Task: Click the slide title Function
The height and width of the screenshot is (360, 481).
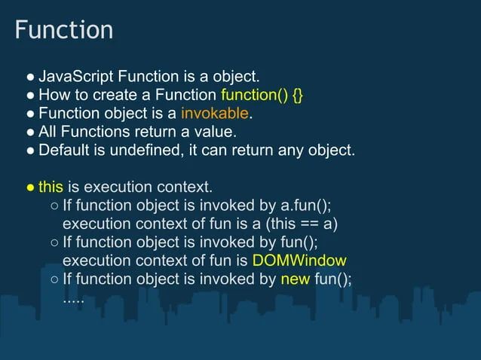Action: (64, 30)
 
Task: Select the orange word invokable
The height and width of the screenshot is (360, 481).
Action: (215, 114)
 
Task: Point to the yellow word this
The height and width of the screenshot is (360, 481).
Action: (51, 187)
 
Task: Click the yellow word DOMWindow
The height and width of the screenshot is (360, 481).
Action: (300, 261)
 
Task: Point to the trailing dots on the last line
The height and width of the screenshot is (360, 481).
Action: (73, 296)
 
